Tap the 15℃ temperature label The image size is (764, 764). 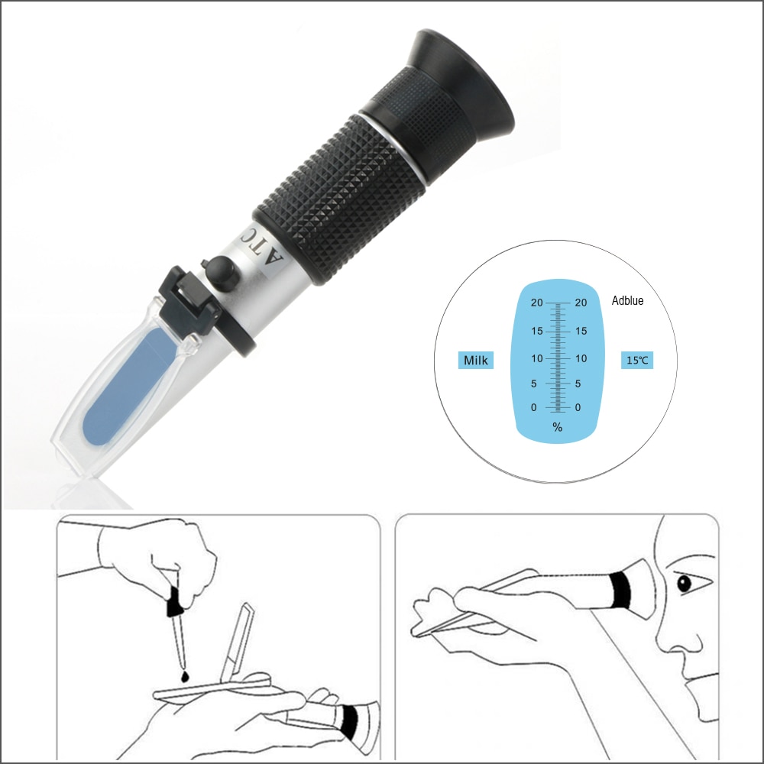637,360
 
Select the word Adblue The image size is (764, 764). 627,301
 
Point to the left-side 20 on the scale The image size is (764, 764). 537,303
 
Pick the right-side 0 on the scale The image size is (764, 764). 578,408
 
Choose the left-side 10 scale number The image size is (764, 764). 537,358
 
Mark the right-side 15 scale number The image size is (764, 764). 581,331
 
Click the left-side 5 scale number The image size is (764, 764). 535,384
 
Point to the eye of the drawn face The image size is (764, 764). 683,584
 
